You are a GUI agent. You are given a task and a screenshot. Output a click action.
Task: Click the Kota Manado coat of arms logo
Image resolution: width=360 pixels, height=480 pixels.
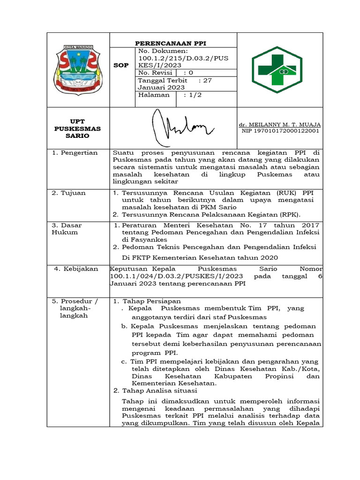pyautogui.click(x=78, y=69)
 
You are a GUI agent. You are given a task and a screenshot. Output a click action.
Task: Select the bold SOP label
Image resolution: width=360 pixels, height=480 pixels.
pyautogui.click(x=121, y=66)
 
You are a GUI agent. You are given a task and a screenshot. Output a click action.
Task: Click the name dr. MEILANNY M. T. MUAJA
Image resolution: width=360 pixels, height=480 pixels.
pyautogui.click(x=280, y=124)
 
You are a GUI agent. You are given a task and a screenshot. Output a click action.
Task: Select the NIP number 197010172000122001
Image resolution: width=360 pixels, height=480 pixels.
pyautogui.click(x=280, y=131)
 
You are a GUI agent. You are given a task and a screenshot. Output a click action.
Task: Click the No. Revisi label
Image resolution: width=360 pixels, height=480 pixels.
pyautogui.click(x=154, y=73)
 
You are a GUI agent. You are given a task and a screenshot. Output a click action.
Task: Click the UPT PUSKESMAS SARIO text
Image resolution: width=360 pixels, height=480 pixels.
pyautogui.click(x=77, y=128)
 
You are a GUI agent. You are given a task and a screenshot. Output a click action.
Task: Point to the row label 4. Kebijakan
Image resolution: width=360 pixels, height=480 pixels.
pyautogui.click(x=76, y=269)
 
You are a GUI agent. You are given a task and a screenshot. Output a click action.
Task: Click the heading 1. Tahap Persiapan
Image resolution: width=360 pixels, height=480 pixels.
pyautogui.click(x=147, y=301)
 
